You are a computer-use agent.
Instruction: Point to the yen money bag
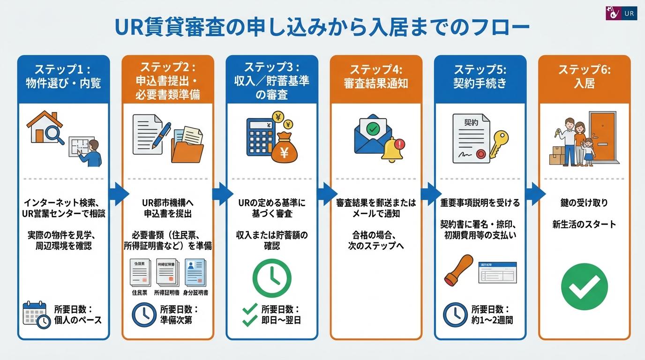284,149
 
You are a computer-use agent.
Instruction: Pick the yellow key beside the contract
498,143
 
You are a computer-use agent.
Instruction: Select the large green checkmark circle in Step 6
584,286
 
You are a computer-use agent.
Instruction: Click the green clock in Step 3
272,278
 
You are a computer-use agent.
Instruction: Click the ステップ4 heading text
376,69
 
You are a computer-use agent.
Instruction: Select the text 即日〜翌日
281,321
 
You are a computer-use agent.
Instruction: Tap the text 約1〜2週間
492,321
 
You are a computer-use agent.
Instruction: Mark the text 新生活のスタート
584,224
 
